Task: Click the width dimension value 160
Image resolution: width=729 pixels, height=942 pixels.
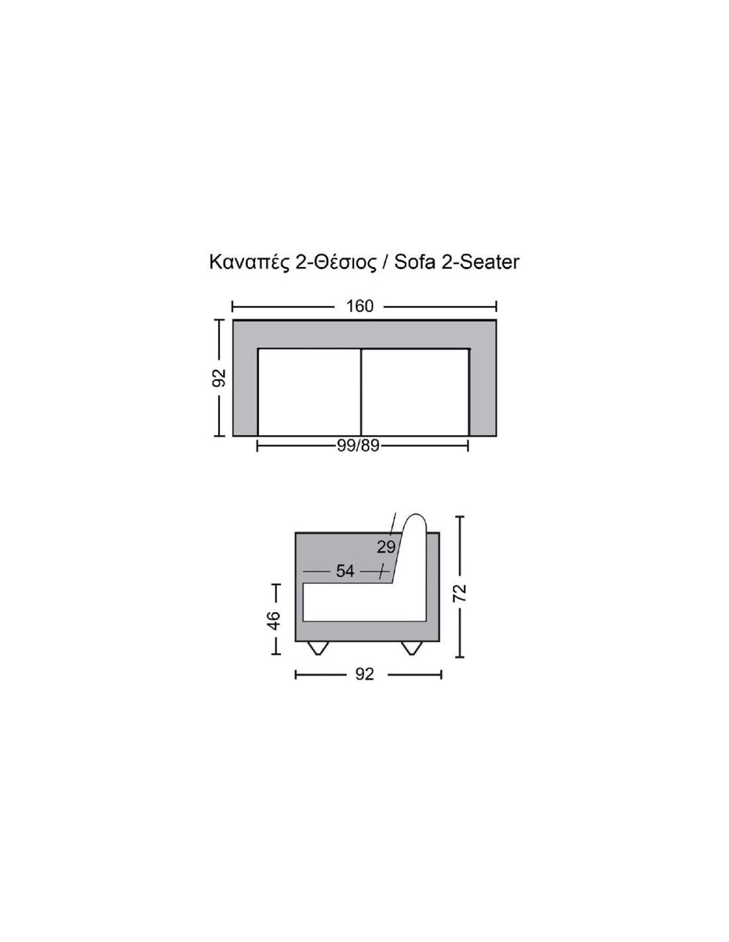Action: (x=359, y=307)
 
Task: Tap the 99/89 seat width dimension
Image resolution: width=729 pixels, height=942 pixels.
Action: (x=359, y=446)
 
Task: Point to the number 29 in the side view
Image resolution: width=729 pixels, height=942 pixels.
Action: (x=386, y=547)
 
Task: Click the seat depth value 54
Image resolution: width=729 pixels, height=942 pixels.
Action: (x=345, y=571)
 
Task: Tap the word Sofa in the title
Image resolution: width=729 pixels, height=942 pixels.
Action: (x=415, y=262)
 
